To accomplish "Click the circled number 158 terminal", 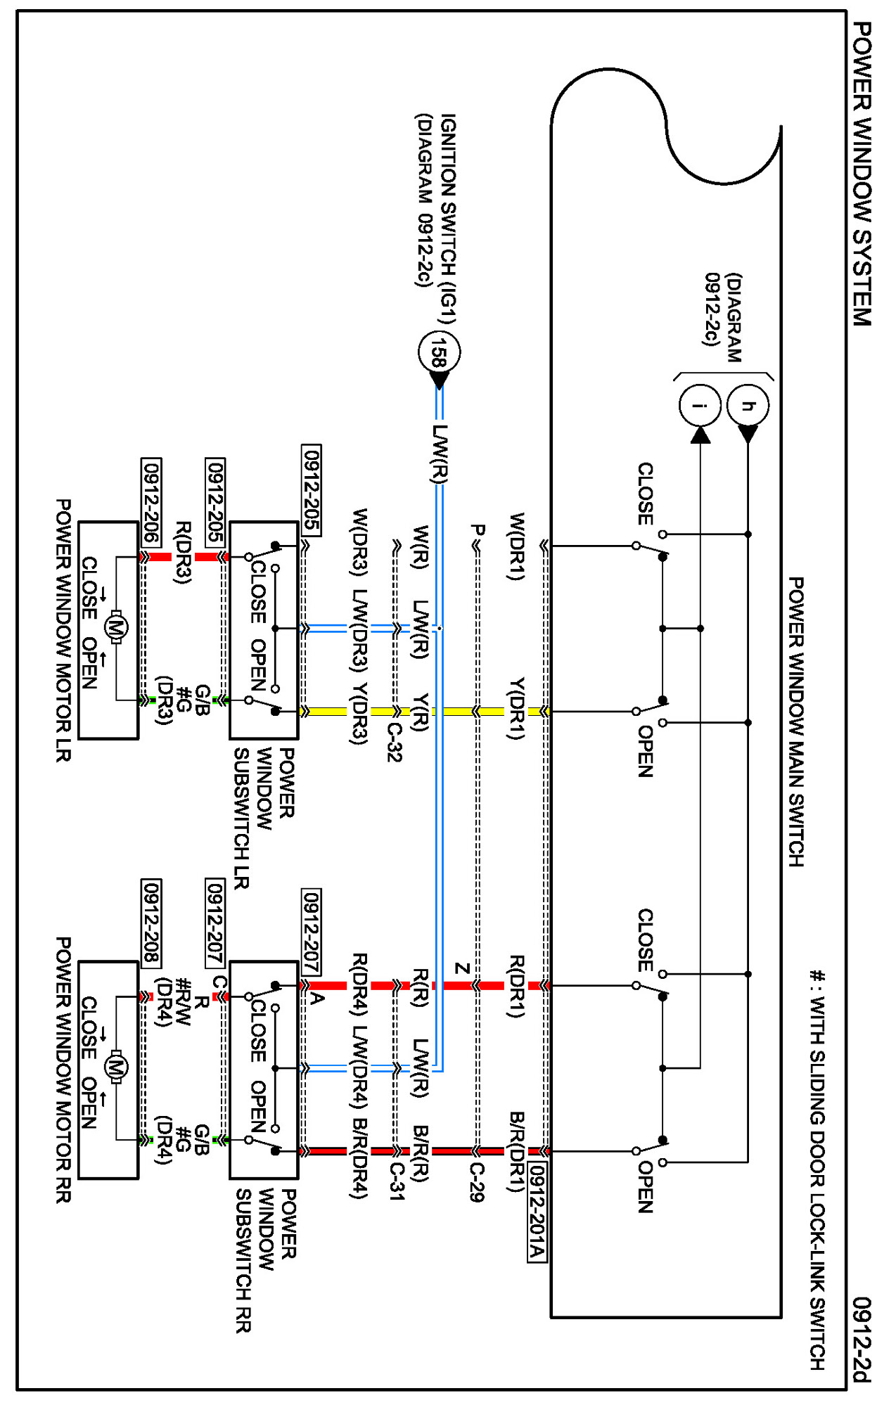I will pyautogui.click(x=439, y=352).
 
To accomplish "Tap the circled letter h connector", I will pyautogui.click(x=748, y=405).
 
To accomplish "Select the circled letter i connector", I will pyautogui.click(x=700, y=405).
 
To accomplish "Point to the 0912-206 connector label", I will pyautogui.click(x=151, y=501).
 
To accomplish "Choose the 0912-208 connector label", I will pyautogui.click(x=151, y=923).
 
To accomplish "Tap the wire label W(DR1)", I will pyautogui.click(x=517, y=546).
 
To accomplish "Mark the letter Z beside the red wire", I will pyautogui.click(x=462, y=968).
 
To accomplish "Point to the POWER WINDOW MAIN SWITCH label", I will pyautogui.click(x=795, y=721).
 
